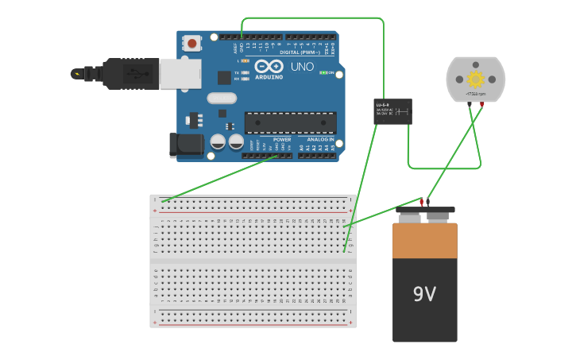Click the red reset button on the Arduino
coord(192,43)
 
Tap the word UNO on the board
coord(302,67)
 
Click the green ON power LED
coord(323,72)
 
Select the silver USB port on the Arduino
coord(180,74)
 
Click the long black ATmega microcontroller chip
coord(290,123)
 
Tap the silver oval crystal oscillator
coord(222,99)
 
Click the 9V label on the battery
coord(424,294)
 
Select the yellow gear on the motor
coord(476,79)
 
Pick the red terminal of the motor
coord(481,104)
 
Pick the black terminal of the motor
coord(470,104)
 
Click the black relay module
coord(392,111)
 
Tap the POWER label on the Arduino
coord(282,140)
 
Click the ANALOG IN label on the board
coord(320,140)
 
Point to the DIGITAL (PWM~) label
coord(300,52)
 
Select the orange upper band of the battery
coord(424,240)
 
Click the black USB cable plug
coord(127,74)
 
